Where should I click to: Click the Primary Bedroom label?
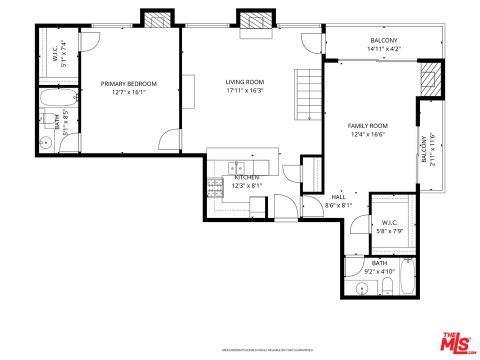pyautogui.click(x=128, y=84)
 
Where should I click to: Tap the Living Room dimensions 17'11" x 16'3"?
pyautogui.click(x=244, y=91)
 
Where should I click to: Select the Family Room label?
pyautogui.click(x=367, y=126)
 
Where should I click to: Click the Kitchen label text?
pyautogui.click(x=246, y=177)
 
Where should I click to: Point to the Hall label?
pyautogui.click(x=338, y=197)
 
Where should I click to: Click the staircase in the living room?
pyautogui.click(x=308, y=94)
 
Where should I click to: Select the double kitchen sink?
pyautogui.click(x=237, y=166)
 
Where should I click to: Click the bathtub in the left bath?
pyautogui.click(x=59, y=97)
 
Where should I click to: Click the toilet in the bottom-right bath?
pyautogui.click(x=388, y=286)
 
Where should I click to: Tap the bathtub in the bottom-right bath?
pyautogui.click(x=407, y=276)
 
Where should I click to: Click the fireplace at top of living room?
pyautogui.click(x=255, y=23)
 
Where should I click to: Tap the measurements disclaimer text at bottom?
pyautogui.click(x=267, y=350)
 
